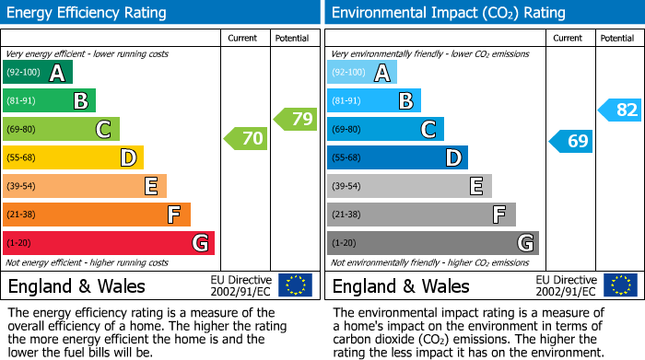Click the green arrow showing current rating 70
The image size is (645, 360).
tap(245, 139)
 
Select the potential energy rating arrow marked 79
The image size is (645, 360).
tap(295, 119)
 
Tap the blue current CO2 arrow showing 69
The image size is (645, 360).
tap(570, 141)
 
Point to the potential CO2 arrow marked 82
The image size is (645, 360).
tap(619, 110)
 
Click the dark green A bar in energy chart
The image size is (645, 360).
tap(38, 73)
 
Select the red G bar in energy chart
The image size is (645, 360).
tap(109, 243)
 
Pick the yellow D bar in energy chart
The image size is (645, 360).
tap(73, 157)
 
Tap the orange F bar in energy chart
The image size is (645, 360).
tap(97, 215)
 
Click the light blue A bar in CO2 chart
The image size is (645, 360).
tap(362, 73)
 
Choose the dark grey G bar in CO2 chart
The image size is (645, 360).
tap(433, 243)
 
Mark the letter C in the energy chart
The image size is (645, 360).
tap(104, 130)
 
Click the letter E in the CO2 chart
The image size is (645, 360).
tap(476, 187)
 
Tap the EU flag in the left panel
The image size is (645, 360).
tap(295, 285)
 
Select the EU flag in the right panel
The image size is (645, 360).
tap(619, 285)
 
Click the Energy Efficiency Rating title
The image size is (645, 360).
tap(87, 13)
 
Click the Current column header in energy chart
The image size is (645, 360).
tap(244, 38)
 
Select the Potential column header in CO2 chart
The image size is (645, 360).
tap(617, 38)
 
